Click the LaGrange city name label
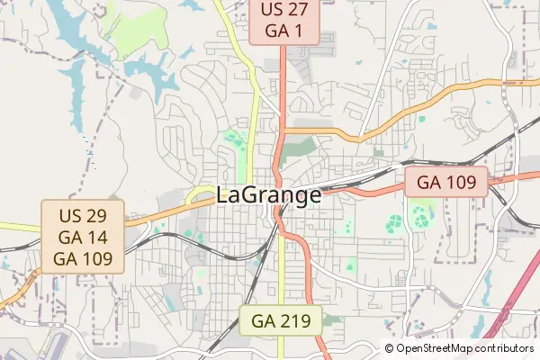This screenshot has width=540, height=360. point(269,195)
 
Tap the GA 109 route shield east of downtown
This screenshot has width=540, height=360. point(445,181)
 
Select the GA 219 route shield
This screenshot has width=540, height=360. point(281,319)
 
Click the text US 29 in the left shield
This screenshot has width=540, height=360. point(83,218)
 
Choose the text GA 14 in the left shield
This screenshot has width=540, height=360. point(83,238)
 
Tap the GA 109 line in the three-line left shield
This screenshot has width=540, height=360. point(83,258)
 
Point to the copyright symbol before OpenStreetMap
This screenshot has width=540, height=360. point(390,348)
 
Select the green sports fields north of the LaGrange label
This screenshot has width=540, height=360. point(235,140)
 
